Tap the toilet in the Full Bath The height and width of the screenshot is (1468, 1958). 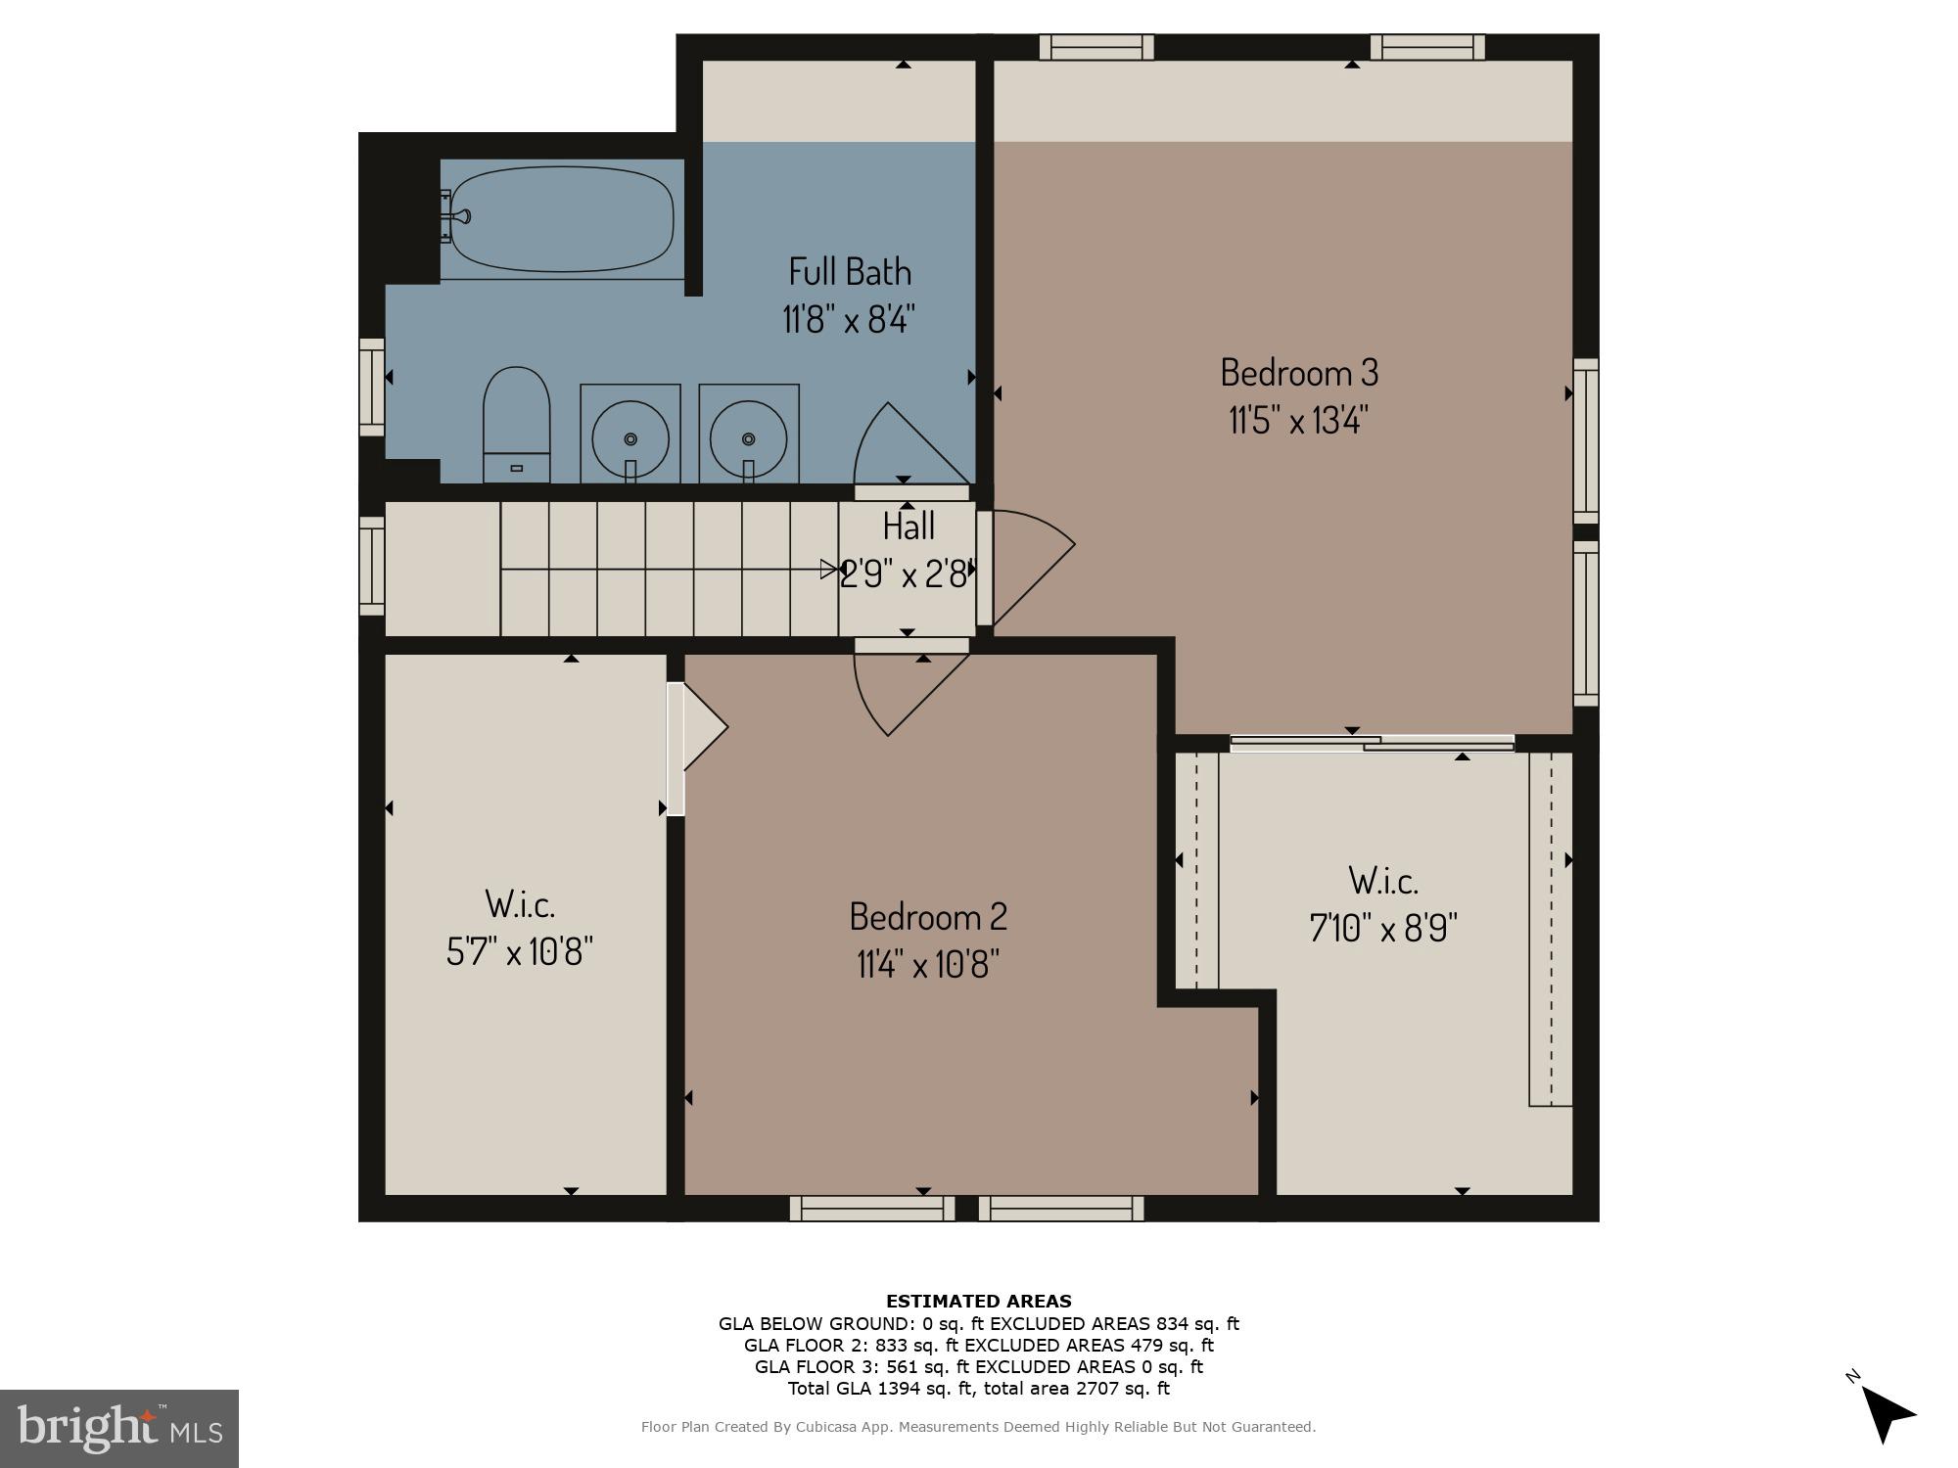516,425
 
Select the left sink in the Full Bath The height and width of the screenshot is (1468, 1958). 630,436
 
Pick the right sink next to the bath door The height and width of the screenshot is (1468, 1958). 749,436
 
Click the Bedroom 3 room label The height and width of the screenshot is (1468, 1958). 1299,373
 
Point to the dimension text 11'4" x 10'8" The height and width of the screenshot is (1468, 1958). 927,965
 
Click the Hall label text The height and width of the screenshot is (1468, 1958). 909,527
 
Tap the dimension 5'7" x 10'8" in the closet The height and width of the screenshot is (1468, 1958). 520,950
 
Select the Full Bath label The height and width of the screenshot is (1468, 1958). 850,271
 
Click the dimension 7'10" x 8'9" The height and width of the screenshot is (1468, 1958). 1383,927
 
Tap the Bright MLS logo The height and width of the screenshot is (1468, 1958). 119,1428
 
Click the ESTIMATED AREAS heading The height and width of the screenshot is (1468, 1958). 978,1301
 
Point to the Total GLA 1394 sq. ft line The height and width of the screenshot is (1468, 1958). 978,1388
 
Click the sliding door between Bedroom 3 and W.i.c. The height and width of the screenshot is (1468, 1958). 1371,744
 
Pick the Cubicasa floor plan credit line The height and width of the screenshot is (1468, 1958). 978,1427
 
